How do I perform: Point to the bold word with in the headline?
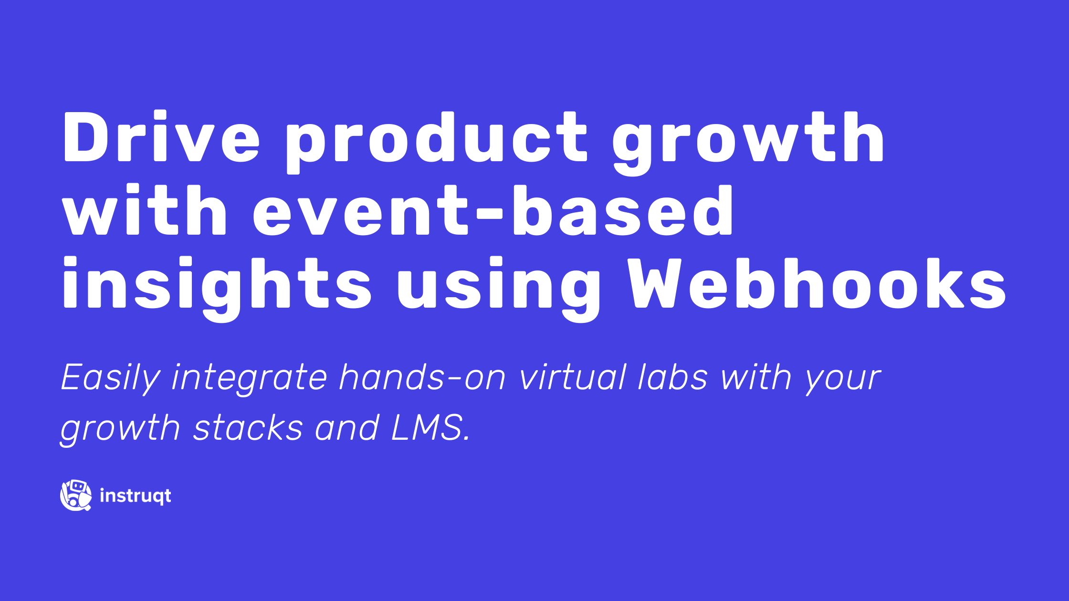click(x=144, y=210)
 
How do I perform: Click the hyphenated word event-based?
click(x=493, y=210)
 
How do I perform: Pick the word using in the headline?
click(x=498, y=289)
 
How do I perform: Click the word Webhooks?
click(x=817, y=283)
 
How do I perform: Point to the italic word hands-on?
click(x=422, y=377)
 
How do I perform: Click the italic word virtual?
click(x=573, y=377)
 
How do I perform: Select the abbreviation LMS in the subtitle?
click(x=430, y=427)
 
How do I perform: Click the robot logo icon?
click(x=76, y=495)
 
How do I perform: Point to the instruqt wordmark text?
click(x=136, y=496)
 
